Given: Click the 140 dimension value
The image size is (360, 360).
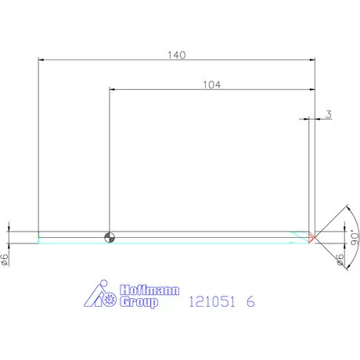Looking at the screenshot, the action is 177,55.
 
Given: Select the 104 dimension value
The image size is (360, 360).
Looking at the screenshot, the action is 211,85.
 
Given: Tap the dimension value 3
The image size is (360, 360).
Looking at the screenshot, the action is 329,114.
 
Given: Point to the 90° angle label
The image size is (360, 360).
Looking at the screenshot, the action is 355,237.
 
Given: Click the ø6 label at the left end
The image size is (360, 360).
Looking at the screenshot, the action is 5,260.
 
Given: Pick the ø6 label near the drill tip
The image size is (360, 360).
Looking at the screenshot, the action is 340,260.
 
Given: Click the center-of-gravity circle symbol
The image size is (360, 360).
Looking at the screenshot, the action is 110,237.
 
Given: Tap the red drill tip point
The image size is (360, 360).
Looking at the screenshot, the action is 311,237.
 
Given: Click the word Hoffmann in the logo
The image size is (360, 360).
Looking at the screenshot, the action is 149,290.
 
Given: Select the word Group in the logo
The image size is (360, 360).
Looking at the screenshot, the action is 139,302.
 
